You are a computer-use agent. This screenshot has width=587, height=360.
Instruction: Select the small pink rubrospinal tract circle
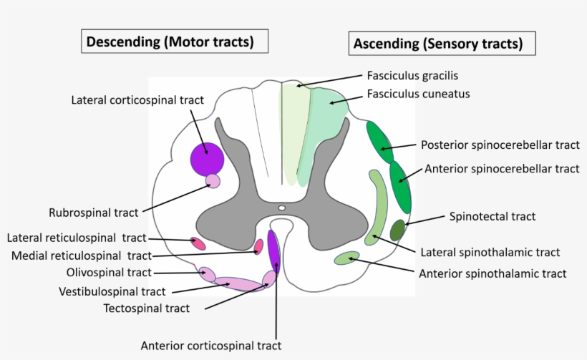click(213, 181)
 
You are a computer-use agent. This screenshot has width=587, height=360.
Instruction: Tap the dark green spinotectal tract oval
click(398, 230)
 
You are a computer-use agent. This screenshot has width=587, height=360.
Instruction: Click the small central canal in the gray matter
click(282, 208)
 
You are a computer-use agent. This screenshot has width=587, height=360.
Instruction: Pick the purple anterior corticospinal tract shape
click(273, 256)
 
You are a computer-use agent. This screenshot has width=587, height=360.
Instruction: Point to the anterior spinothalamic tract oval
click(347, 258)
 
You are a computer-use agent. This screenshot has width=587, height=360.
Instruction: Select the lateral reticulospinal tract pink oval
click(197, 243)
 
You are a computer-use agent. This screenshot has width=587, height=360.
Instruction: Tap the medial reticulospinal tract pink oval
click(259, 247)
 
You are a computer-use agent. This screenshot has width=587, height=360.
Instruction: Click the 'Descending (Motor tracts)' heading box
click(170, 42)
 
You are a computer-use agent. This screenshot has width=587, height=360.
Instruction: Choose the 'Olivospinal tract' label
click(109, 273)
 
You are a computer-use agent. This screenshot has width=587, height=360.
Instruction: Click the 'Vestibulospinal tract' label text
click(112, 291)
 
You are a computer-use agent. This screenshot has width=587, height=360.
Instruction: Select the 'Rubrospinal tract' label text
click(93, 213)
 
